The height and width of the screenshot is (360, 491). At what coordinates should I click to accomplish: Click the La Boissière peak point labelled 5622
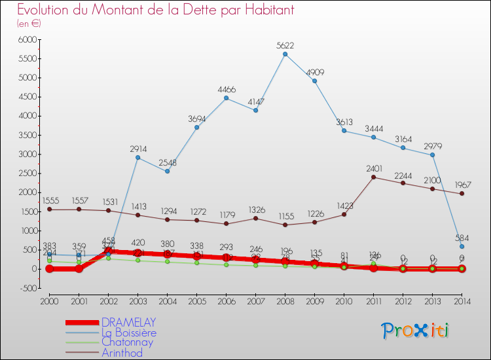pyautogui.click(x=285, y=54)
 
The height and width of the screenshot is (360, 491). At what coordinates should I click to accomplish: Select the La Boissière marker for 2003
pyautogui.click(x=137, y=158)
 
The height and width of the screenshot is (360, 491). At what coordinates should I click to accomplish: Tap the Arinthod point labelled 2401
pyautogui.click(x=373, y=177)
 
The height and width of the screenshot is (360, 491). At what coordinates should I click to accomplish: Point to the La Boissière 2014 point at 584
pyautogui.click(x=462, y=246)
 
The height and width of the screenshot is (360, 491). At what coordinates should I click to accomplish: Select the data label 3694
pyautogui.click(x=196, y=118)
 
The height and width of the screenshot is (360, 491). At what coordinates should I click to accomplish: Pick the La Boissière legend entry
pyautogui.click(x=129, y=333)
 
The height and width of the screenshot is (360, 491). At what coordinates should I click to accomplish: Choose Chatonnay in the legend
pyautogui.click(x=127, y=342)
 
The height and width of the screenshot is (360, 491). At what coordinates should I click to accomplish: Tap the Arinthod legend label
pyautogui.click(x=122, y=353)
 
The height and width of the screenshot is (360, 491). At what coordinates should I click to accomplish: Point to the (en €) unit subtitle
pyautogui.click(x=29, y=23)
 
